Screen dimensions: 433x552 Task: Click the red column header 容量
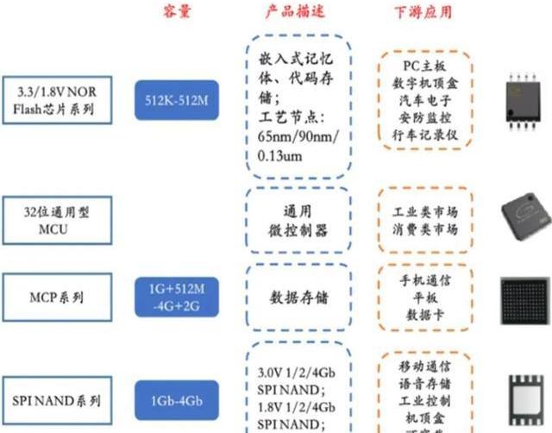[x=176, y=11]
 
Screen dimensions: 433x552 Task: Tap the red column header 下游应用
[x=423, y=11]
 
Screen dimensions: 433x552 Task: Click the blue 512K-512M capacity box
[x=177, y=102]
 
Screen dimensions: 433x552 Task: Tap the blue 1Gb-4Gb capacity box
[x=177, y=401]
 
